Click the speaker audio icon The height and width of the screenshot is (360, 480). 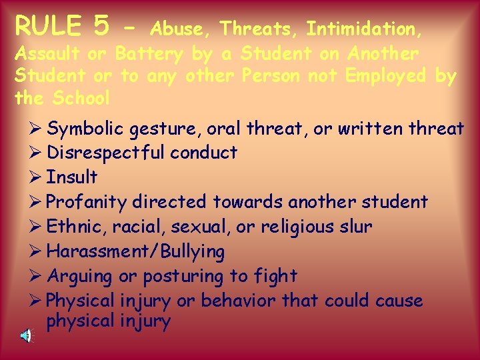(25, 336)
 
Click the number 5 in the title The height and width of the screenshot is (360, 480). (101, 27)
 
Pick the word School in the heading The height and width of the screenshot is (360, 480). (81, 98)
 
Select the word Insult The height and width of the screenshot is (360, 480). (72, 177)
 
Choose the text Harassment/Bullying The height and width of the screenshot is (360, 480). (136, 251)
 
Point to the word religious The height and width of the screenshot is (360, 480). (297, 227)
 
